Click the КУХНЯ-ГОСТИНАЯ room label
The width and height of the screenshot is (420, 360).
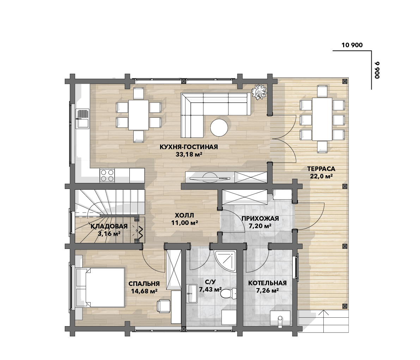point(189,147)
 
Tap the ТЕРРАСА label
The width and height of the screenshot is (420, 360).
point(321,169)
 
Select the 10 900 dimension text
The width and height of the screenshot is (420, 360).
point(352,45)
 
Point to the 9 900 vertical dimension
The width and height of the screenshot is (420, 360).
point(377,70)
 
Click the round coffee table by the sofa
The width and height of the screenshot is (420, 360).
point(219,128)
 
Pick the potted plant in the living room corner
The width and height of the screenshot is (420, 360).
point(259,92)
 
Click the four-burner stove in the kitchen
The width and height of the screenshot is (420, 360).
point(107,176)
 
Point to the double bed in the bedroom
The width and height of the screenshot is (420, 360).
point(101,287)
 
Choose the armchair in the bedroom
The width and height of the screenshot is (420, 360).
point(163,306)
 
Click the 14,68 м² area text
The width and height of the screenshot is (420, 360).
point(144,291)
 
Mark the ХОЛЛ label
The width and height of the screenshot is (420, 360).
point(184,215)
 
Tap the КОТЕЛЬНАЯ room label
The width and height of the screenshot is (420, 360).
point(267,283)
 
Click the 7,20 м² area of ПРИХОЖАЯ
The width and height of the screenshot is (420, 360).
point(260,226)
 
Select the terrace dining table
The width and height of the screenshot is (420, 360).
point(322,119)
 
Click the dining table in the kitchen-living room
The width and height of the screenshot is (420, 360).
point(139,115)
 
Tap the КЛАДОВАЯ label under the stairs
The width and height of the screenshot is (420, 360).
point(109,226)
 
